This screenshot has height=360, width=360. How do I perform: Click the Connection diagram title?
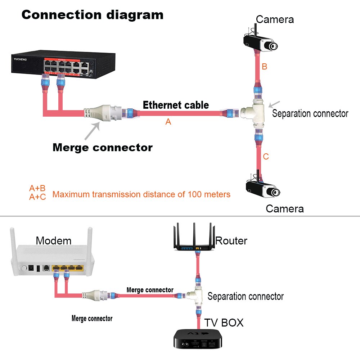coord(93,15)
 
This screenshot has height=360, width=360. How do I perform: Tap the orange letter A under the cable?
coord(168,122)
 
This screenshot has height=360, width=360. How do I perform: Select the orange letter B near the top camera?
coord(265,67)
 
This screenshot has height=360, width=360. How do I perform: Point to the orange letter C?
coord(266,157)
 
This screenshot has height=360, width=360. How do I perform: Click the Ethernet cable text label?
coord(176,105)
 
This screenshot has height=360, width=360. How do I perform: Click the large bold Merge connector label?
coord(103,148)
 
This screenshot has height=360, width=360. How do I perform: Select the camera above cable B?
coord(261,41)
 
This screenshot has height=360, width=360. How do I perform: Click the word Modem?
coord(54,240)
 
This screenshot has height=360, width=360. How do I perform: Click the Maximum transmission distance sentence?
coord(141,194)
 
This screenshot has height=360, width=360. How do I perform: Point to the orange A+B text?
coord(37,188)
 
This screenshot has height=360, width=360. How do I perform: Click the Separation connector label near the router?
coord(246,296)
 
